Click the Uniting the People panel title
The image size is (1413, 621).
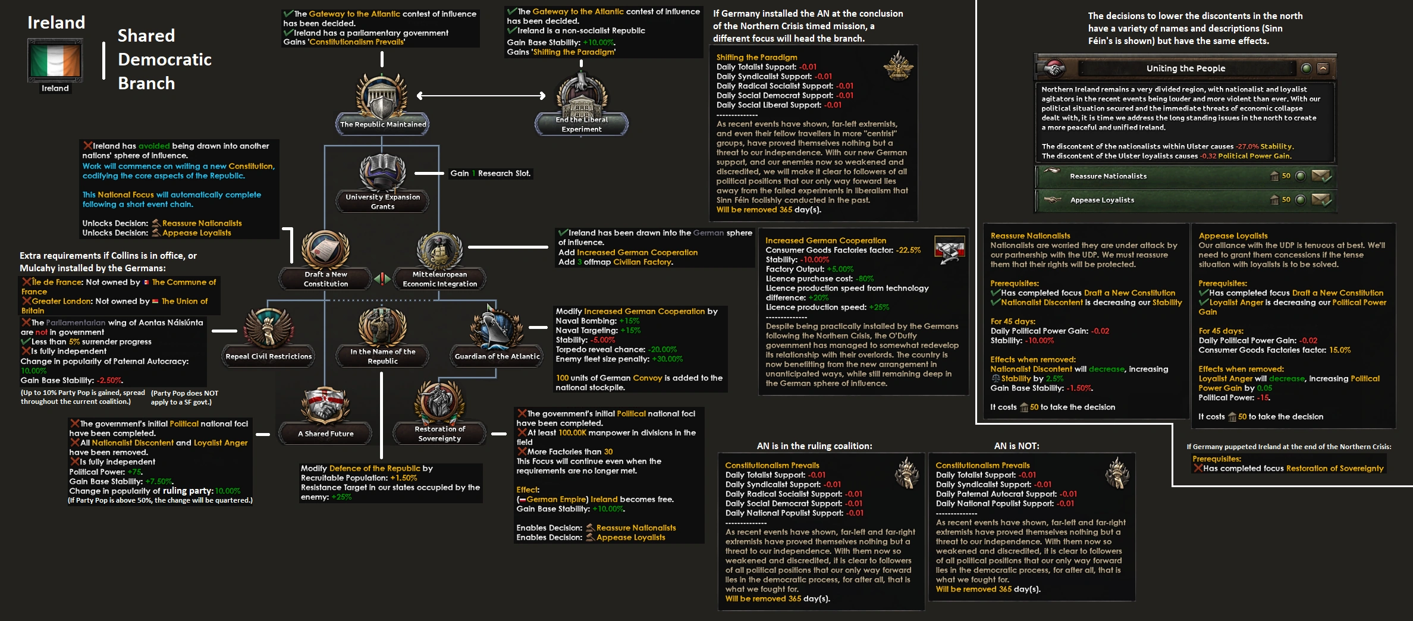point(1185,68)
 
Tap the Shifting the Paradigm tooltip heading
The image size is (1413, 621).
point(756,57)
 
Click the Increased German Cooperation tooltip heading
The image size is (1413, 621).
point(825,240)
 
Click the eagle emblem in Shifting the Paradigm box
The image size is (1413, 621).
point(898,65)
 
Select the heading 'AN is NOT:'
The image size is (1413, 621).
point(1016,446)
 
